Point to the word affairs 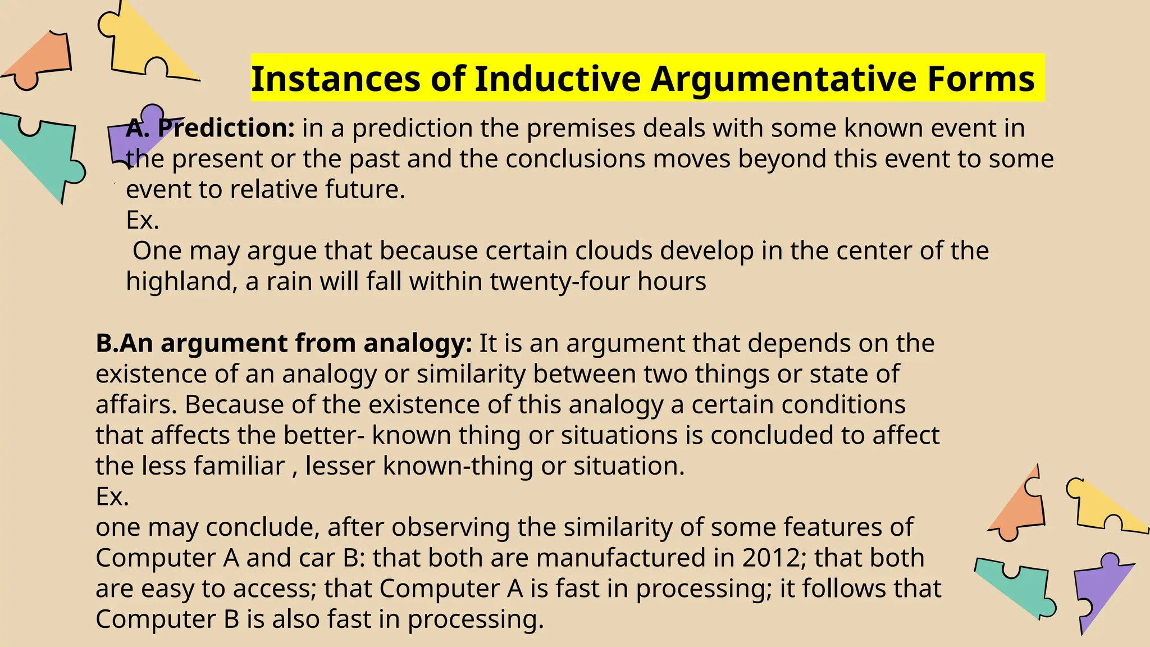136,404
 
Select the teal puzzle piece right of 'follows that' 1016,587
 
